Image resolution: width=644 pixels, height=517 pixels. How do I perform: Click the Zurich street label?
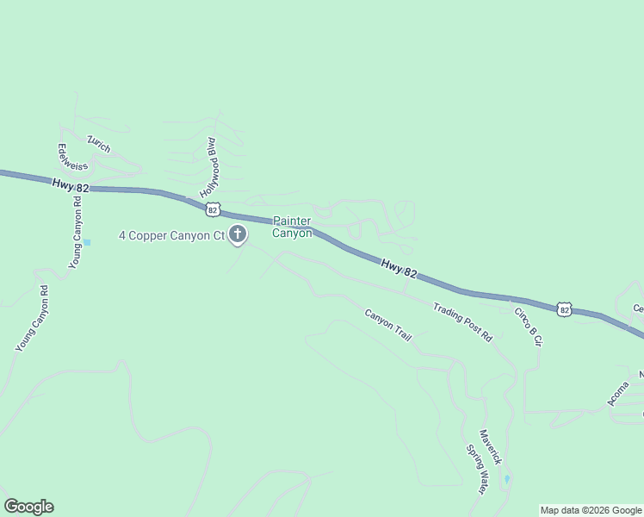[x=99, y=143]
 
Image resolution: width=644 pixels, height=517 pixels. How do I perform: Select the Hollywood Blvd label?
[x=209, y=167]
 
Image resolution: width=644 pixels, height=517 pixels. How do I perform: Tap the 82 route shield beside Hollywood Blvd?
[x=213, y=209]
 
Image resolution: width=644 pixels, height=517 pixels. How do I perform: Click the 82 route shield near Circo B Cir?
[x=563, y=309]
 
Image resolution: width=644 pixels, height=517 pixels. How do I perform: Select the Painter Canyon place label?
[x=293, y=227]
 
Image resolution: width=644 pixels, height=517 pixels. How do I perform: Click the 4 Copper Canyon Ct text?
[x=170, y=234]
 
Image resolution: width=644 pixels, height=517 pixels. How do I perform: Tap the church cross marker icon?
[x=238, y=234]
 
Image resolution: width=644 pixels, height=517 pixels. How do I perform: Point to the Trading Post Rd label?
[x=461, y=322]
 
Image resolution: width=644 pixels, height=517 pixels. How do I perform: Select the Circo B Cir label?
[x=528, y=327]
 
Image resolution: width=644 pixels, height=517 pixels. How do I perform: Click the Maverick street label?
[x=490, y=447]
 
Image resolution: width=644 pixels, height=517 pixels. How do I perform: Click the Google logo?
[x=28, y=507]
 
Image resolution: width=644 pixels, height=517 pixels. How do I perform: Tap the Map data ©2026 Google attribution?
[x=591, y=510]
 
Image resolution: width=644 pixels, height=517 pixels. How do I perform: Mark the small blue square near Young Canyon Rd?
[x=86, y=242]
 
